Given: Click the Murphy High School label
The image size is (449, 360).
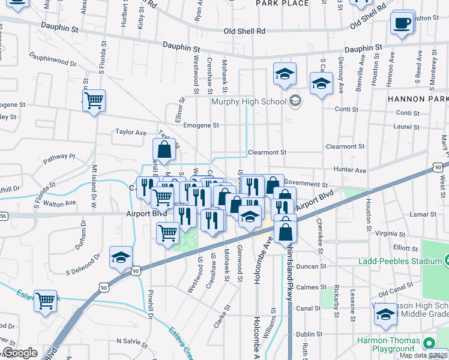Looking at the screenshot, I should click(x=248, y=101).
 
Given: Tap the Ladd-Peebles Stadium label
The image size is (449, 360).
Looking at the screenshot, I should click(x=400, y=261).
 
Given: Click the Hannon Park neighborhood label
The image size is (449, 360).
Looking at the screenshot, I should click(x=418, y=98).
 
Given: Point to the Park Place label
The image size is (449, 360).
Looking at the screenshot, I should click(x=274, y=4).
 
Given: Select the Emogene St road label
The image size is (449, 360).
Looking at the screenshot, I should click(x=200, y=125).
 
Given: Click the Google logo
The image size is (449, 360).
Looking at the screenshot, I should click(x=20, y=353).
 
